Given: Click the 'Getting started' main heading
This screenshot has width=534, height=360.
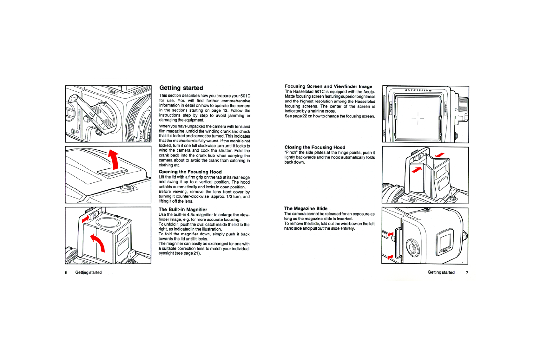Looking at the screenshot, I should click(x=181, y=88).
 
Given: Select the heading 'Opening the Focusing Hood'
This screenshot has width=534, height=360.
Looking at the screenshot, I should click(x=190, y=172).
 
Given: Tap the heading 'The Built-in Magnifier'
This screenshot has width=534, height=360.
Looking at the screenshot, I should click(x=183, y=210).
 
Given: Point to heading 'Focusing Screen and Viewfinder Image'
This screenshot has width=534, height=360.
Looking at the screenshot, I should click(x=328, y=86).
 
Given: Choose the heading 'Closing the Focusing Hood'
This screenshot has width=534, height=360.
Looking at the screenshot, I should click(x=315, y=147).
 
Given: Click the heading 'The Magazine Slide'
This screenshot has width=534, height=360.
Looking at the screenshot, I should click(x=306, y=208).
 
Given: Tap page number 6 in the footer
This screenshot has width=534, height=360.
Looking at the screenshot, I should click(x=66, y=272).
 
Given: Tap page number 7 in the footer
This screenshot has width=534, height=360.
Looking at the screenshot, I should click(x=467, y=272).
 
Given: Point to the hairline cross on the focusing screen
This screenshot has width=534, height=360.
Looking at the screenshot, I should click(x=418, y=118).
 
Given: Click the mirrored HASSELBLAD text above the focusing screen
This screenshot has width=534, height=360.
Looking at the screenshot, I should click(x=418, y=90).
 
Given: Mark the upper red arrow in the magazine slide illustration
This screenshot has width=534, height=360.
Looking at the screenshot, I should click(x=390, y=234).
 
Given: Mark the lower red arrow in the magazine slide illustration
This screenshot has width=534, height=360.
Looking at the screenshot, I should click(x=390, y=257).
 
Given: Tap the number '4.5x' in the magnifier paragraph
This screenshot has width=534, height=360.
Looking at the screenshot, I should click(x=191, y=215).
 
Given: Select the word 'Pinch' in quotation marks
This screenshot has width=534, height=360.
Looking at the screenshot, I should click(x=291, y=153).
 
